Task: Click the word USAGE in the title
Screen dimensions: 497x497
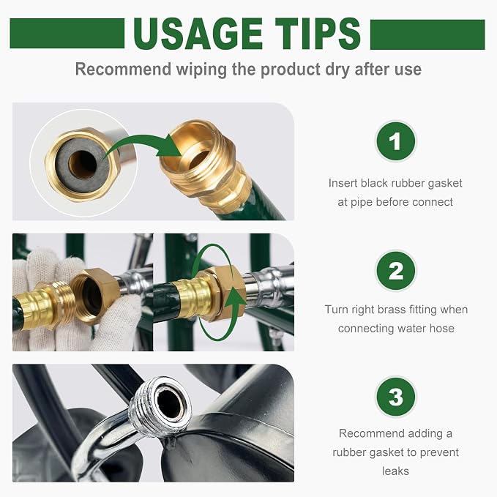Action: (x=198, y=34)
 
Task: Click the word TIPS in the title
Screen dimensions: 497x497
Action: (x=318, y=34)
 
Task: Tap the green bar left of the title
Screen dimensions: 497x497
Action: (x=67, y=33)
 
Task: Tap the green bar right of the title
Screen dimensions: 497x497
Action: (x=427, y=34)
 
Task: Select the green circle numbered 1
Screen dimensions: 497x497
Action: (x=395, y=141)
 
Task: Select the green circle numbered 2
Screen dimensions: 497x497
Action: (x=395, y=271)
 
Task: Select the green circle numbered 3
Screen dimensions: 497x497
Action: (x=395, y=397)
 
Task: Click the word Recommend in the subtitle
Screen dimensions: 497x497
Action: (x=123, y=69)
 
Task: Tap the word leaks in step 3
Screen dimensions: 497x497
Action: (x=395, y=471)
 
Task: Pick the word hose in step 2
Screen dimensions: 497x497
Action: (x=442, y=329)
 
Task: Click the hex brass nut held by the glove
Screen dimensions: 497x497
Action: (x=94, y=295)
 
